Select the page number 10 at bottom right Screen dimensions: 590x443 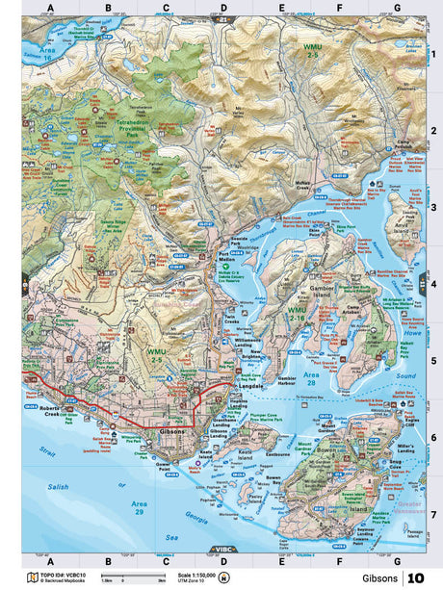(415, 577)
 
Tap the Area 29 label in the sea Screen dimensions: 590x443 (140, 507)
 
